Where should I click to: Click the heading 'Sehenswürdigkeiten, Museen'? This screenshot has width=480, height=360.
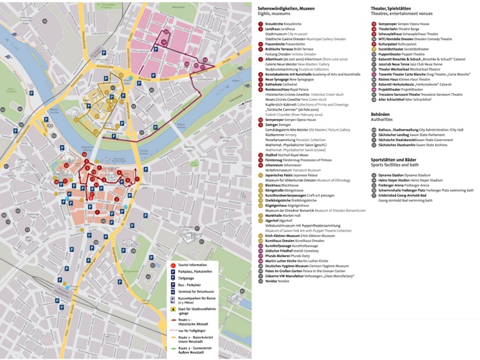[x=286, y=8]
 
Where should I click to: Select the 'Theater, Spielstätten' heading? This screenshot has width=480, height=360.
[x=393, y=8]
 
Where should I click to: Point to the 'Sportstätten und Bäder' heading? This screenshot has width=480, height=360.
[x=394, y=159]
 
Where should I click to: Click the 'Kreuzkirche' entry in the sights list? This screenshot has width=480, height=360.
[x=274, y=24]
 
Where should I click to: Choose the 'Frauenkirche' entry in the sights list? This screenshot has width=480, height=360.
[x=276, y=44]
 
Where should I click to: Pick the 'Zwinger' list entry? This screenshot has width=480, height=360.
[x=271, y=124]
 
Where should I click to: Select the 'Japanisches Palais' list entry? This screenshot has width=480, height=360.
[x=283, y=175]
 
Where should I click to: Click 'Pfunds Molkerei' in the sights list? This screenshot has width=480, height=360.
[x=278, y=255]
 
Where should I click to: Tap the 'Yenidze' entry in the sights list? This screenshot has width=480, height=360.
[x=272, y=280]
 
